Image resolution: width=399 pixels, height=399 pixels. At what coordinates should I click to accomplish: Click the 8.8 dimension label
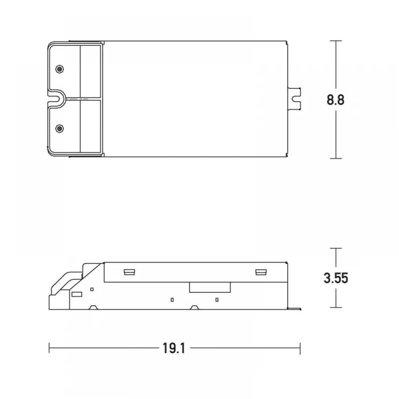click(x=335, y=100)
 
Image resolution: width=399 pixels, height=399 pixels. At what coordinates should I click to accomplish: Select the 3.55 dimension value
click(x=336, y=278)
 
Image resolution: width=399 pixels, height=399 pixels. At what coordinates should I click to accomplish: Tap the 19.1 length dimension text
click(x=174, y=348)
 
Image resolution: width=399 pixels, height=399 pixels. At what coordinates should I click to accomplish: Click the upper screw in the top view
click(x=59, y=69)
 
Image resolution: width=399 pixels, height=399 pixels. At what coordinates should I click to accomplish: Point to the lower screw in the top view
click(x=59, y=128)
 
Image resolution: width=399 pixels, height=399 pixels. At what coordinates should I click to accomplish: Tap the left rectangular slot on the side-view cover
click(x=129, y=272)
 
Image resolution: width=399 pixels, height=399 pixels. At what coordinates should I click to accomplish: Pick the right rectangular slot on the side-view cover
click(x=261, y=272)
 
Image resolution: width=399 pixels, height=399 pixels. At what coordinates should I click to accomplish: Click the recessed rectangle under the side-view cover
click(x=210, y=287)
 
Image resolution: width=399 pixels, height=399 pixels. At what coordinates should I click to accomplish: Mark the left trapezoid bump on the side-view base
click(x=93, y=307)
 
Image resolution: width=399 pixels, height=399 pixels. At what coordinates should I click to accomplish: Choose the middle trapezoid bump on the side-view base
click(x=194, y=307)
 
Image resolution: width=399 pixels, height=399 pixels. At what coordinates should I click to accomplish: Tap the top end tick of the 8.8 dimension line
click(x=336, y=41)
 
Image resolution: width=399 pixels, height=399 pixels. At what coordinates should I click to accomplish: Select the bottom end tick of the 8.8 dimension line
click(x=336, y=158)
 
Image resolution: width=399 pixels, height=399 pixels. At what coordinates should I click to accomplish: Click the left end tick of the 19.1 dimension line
click(x=49, y=348)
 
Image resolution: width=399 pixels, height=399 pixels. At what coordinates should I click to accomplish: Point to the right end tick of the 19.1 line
click(x=300, y=348)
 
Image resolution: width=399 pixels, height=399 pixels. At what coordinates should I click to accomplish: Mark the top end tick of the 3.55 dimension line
click(x=336, y=248)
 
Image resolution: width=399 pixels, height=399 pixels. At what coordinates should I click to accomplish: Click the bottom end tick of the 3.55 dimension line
click(x=336, y=308)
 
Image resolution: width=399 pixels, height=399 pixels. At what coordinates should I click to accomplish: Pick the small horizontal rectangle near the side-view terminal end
click(x=76, y=294)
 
